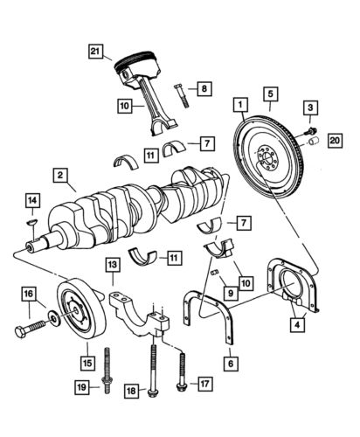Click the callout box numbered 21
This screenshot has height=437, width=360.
(96, 52)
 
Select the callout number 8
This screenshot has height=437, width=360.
(202, 88)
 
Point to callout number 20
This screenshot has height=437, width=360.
(334, 140)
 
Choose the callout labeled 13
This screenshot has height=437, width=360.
(113, 264)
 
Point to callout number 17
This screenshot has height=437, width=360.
(204, 382)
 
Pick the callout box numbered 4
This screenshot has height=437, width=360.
(300, 328)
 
